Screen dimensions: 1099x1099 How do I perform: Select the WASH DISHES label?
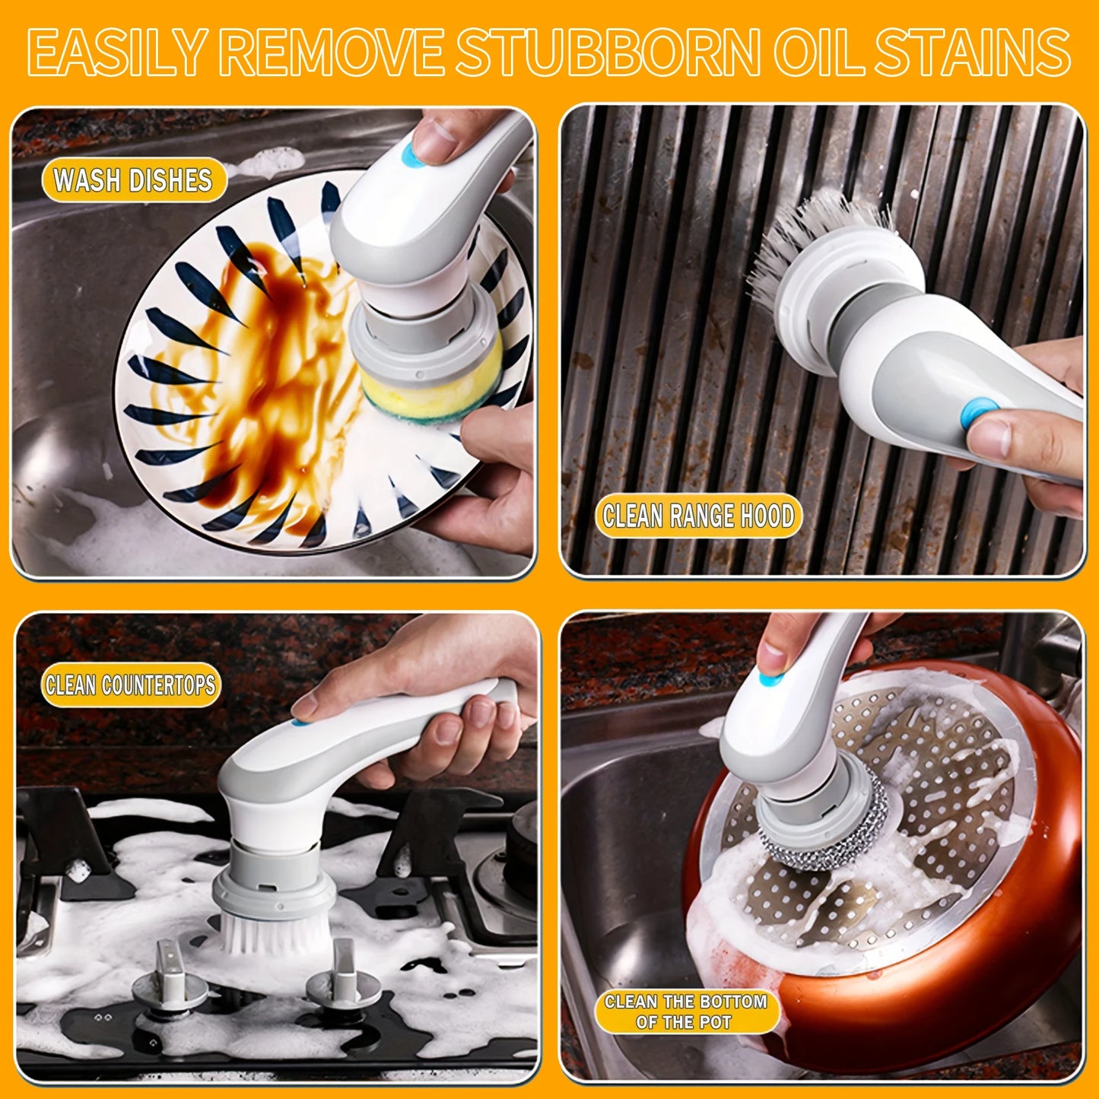(133, 181)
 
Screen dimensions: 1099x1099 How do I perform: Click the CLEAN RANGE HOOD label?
(698, 516)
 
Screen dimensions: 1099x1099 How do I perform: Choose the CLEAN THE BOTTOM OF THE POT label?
(686, 1012)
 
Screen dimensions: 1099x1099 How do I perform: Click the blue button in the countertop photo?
(301, 719)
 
